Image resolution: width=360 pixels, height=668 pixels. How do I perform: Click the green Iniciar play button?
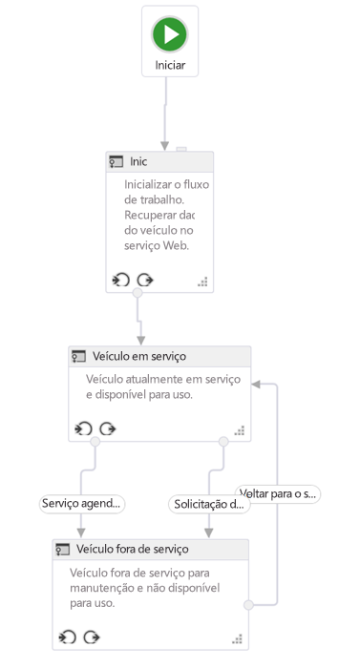pos(170,34)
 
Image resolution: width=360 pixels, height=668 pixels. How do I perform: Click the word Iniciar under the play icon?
pos(170,66)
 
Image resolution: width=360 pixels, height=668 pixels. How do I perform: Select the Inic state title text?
pos(138,162)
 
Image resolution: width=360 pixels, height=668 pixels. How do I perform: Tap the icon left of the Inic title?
pos(116,162)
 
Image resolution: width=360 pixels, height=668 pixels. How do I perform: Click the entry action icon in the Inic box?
pos(120,280)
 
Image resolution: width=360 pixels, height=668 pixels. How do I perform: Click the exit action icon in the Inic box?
pos(144,280)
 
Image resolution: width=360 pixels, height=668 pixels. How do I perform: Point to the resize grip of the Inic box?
pos(202,282)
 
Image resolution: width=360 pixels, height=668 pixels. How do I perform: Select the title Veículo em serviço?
pos(139,357)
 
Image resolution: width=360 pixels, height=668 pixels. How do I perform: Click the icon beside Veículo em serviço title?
pos(79,357)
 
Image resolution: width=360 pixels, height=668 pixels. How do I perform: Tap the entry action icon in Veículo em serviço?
pos(83,428)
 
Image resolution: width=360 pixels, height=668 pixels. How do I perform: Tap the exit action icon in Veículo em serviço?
pos(108,428)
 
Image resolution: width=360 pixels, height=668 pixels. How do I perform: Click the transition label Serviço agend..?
pos(83,503)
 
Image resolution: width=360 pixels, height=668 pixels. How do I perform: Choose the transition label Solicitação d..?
pos(209,503)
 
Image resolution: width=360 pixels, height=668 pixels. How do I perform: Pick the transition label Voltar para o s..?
pos(278,493)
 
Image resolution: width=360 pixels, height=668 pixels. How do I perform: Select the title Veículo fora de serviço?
pos(133,550)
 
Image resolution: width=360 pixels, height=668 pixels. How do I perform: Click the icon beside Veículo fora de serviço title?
pos(63,550)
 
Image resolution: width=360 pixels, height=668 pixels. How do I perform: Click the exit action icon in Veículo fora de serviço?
pos(92,637)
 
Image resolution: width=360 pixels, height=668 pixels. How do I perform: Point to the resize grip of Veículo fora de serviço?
pos(239,638)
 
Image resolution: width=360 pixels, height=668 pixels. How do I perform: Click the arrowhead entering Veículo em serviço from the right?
pos(257,385)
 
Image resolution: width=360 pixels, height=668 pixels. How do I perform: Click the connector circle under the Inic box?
pos(138,293)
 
